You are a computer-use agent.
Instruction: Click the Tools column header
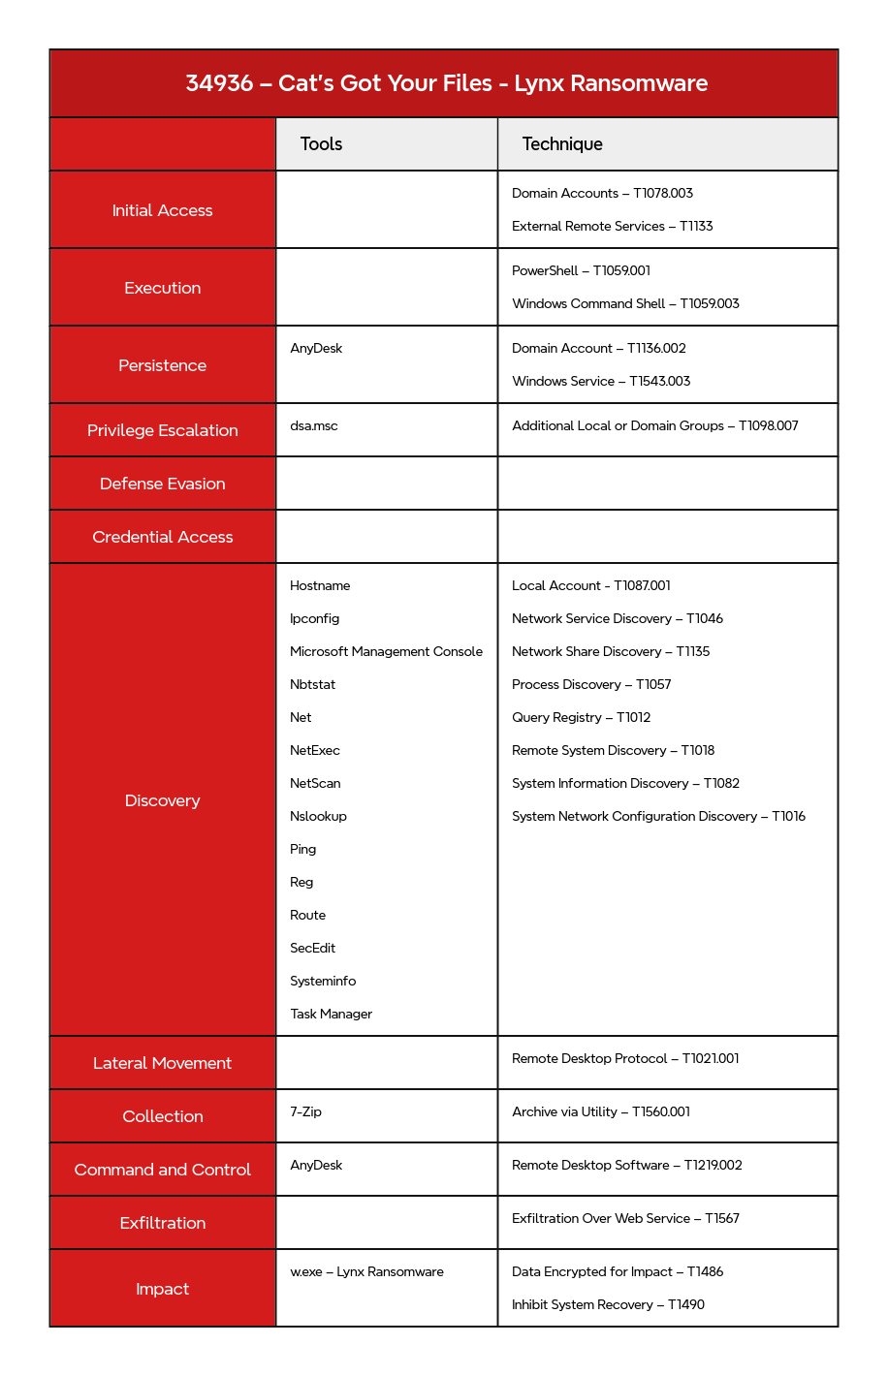point(321,144)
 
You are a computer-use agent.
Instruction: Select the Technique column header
point(562,144)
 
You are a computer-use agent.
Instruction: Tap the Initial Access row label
point(162,210)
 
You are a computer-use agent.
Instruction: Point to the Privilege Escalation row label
point(162,430)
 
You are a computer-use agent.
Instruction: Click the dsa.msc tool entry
point(313,426)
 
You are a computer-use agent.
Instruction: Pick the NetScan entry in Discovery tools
point(315,783)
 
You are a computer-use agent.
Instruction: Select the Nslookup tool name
point(318,816)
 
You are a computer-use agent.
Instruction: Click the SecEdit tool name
point(312,948)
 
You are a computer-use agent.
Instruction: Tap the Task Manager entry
point(331,1014)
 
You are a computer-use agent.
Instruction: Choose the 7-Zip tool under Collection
point(305,1111)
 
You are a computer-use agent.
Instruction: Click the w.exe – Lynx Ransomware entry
point(366,1271)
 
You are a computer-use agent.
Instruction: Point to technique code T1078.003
point(663,194)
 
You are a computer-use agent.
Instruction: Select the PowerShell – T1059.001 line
point(581,271)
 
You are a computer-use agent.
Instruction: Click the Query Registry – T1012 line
point(581,717)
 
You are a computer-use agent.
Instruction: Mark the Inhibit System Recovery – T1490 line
point(608,1304)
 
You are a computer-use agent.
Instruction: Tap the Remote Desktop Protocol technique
point(625,1058)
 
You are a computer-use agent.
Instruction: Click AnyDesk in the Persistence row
point(316,349)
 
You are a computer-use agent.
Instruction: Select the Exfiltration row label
point(162,1223)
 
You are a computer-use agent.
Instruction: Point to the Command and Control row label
point(162,1170)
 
